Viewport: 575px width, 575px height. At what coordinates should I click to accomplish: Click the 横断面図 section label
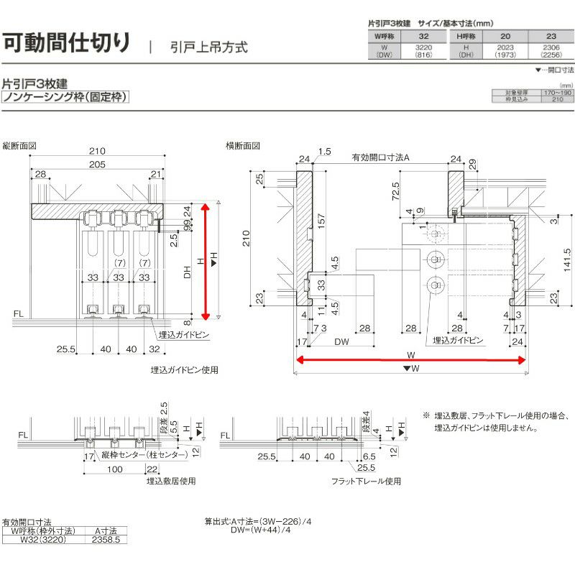click(x=243, y=145)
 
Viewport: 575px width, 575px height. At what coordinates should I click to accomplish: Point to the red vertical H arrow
click(x=207, y=260)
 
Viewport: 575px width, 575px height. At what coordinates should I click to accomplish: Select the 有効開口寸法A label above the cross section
click(x=380, y=157)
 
